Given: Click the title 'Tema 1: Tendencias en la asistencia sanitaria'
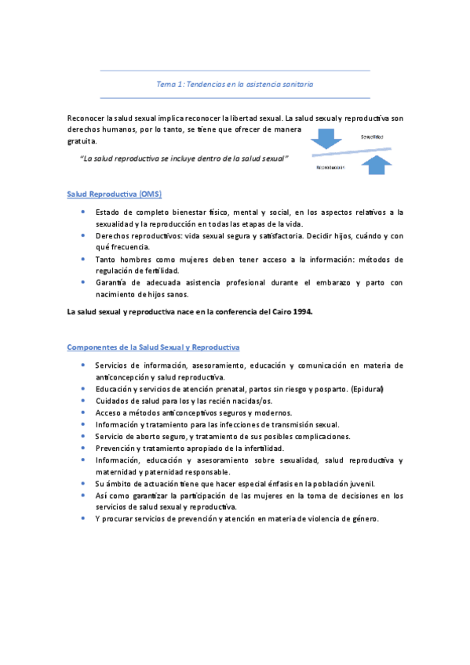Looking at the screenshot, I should tap(235, 84).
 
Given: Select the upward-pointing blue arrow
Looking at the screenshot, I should tap(379, 163).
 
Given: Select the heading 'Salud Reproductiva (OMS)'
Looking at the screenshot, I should tap(115, 193).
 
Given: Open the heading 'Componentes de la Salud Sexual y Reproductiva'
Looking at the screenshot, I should tap(154, 347).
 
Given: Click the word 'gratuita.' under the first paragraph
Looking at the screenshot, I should tap(82, 142).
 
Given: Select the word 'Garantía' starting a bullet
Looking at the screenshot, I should tap(111, 282).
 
